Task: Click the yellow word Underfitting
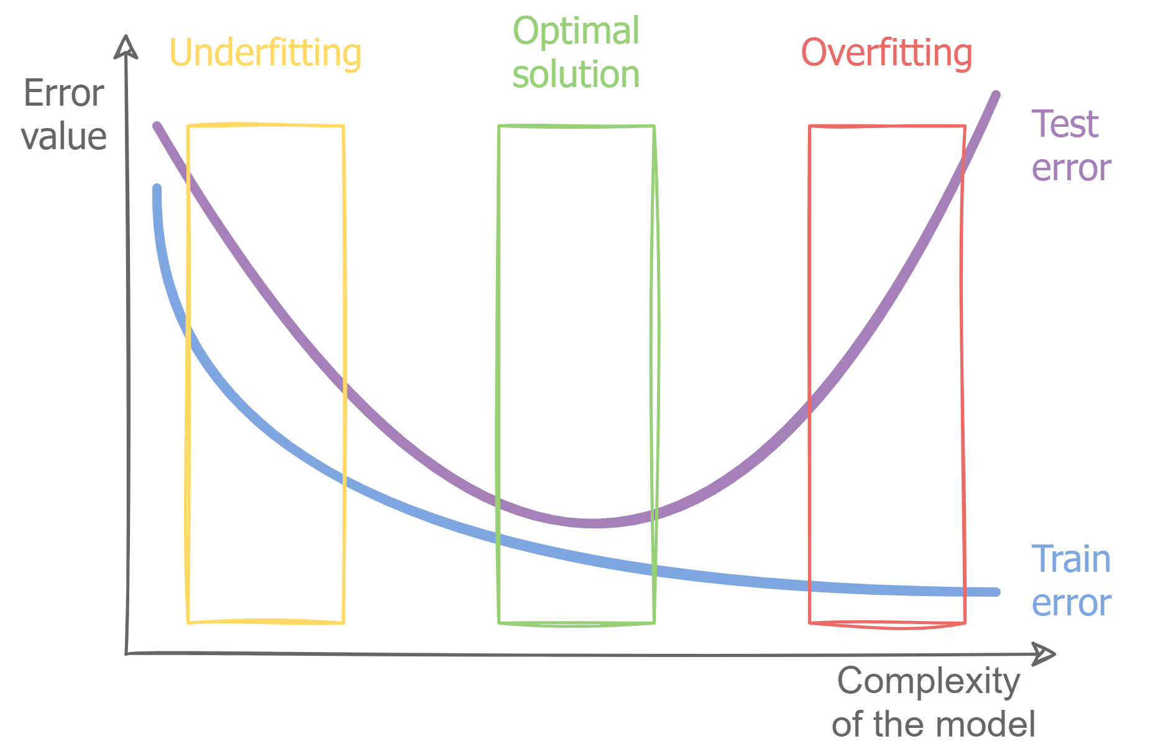[265, 53]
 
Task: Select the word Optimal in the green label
[576, 31]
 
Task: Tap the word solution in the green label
[576, 75]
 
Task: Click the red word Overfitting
[886, 53]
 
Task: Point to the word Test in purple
[1065, 124]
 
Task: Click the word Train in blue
[1071, 559]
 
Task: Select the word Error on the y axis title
[63, 94]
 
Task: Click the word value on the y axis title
[63, 137]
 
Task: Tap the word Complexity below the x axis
[928, 681]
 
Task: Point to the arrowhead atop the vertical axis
[126, 46]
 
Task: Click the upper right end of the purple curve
[996, 95]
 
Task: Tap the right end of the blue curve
[996, 592]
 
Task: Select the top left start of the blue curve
[157, 188]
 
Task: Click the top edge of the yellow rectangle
[265, 126]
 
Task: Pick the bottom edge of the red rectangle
[887, 624]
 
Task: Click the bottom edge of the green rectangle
[576, 623]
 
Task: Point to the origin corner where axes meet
[126, 653]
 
